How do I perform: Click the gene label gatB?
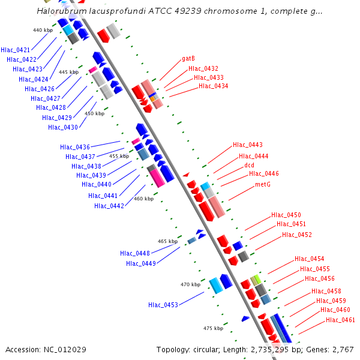click(x=188, y=59)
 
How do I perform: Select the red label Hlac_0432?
click(x=203, y=68)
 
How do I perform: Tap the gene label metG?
click(x=263, y=184)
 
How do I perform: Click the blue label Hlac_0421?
click(x=16, y=50)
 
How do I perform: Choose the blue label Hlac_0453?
click(x=163, y=305)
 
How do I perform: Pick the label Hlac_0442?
click(x=109, y=206)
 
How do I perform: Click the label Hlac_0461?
click(x=340, y=320)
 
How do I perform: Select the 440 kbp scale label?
click(x=43, y=30)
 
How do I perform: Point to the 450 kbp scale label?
click(x=94, y=113)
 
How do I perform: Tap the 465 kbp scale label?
click(x=167, y=241)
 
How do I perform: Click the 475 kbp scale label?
click(x=213, y=328)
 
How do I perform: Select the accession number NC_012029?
click(x=67, y=349)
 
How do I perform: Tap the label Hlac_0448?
click(x=135, y=253)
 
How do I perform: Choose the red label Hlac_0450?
click(x=286, y=215)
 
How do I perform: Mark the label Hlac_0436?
click(x=75, y=147)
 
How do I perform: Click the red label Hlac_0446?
click(x=264, y=173)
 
